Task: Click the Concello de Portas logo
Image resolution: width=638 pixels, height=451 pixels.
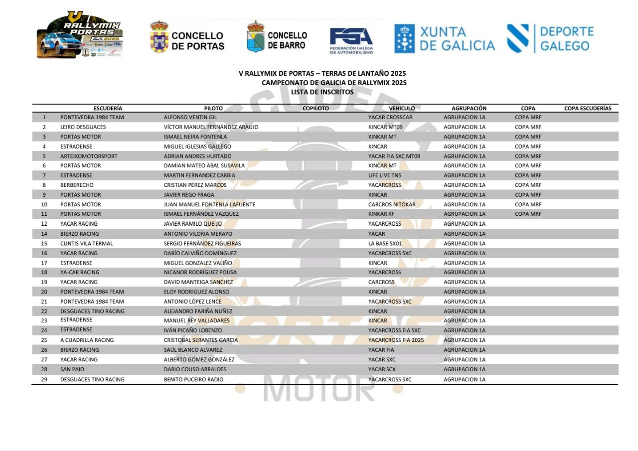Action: click(187, 36)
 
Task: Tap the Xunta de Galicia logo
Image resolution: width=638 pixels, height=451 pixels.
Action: click(445, 39)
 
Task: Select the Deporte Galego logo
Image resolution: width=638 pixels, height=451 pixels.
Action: click(550, 39)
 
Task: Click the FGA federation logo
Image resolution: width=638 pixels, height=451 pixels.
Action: click(351, 40)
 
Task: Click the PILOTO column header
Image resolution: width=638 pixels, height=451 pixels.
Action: click(213, 108)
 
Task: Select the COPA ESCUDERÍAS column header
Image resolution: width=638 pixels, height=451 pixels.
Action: click(588, 108)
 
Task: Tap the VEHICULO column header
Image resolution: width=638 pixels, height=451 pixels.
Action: click(402, 108)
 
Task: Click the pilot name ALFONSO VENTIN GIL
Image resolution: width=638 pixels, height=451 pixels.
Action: click(190, 118)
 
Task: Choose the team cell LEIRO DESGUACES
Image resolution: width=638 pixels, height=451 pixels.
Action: click(83, 127)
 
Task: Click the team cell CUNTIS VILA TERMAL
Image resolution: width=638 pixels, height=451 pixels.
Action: click(87, 244)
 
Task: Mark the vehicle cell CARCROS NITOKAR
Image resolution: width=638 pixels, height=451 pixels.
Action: click(392, 204)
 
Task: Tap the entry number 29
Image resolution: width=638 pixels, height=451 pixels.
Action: click(44, 380)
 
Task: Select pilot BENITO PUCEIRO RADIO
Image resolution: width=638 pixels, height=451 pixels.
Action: click(194, 380)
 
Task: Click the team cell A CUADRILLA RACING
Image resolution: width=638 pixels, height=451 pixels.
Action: click(87, 340)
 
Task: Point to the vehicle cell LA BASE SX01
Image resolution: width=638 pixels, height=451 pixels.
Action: click(385, 244)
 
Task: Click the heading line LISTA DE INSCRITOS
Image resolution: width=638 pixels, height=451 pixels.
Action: click(322, 92)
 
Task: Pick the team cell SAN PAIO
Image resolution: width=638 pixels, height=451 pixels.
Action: click(72, 369)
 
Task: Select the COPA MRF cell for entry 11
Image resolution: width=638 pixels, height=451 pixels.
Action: click(528, 214)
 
